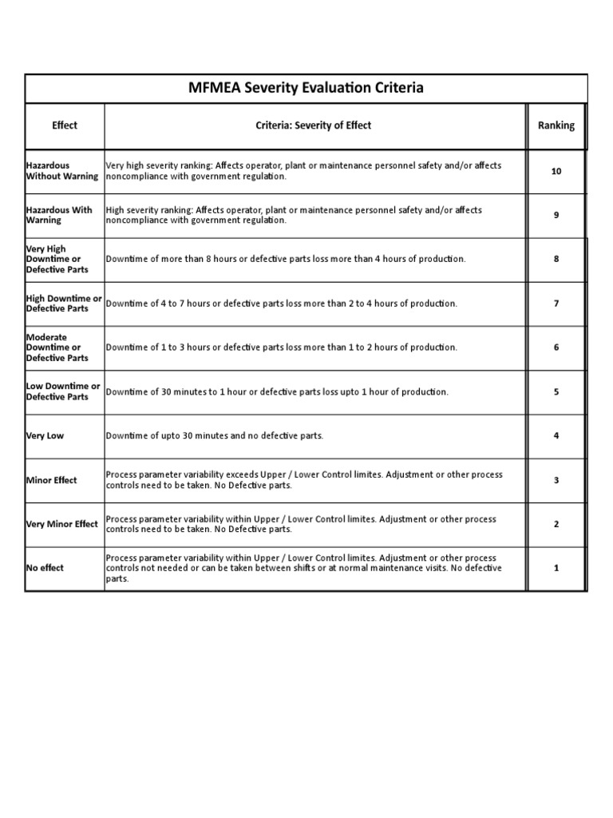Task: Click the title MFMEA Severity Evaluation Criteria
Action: pyautogui.click(x=306, y=88)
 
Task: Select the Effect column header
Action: pyautogui.click(x=65, y=125)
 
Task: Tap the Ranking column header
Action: pyautogui.click(x=556, y=125)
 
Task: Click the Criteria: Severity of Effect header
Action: pyautogui.click(x=313, y=125)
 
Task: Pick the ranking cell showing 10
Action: pyautogui.click(x=556, y=171)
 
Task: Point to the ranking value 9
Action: pyautogui.click(x=556, y=215)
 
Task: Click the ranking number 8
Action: pyautogui.click(x=556, y=260)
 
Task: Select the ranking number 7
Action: pyautogui.click(x=556, y=304)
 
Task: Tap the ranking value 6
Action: pyautogui.click(x=556, y=347)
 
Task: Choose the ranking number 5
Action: pyautogui.click(x=556, y=391)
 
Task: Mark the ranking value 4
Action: pyautogui.click(x=556, y=435)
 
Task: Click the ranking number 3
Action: pyautogui.click(x=556, y=480)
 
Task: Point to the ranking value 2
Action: pyautogui.click(x=556, y=524)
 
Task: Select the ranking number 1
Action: pyautogui.click(x=556, y=568)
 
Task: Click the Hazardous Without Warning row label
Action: pyautogui.click(x=62, y=171)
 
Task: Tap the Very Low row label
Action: pyautogui.click(x=45, y=436)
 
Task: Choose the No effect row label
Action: pyautogui.click(x=45, y=568)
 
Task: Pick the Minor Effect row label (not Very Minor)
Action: pyautogui.click(x=52, y=480)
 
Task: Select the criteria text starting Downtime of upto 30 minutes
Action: pyautogui.click(x=215, y=436)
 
